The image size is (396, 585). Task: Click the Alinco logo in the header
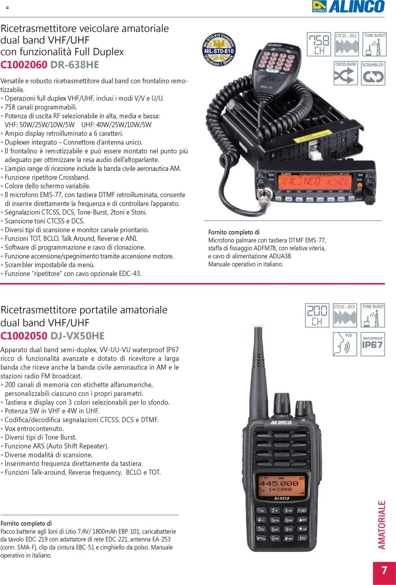click(348, 7)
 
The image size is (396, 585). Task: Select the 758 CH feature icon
click(319, 45)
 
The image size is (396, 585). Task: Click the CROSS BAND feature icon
click(346, 73)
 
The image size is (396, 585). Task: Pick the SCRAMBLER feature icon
click(373, 73)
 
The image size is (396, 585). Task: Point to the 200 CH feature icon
click(317, 315)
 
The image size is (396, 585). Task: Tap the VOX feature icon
click(345, 344)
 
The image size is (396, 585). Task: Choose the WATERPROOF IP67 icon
click(372, 344)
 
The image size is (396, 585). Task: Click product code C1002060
click(24, 65)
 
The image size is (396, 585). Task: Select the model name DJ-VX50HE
click(77, 336)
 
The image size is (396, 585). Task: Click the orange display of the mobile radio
click(315, 182)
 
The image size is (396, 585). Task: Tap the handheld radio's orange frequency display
click(281, 486)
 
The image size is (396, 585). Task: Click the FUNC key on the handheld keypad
click(302, 510)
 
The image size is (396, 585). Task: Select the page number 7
click(384, 570)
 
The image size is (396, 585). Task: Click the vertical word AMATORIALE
click(382, 525)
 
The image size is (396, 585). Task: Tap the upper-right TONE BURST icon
click(375, 45)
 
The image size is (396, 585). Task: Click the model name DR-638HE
click(75, 65)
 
